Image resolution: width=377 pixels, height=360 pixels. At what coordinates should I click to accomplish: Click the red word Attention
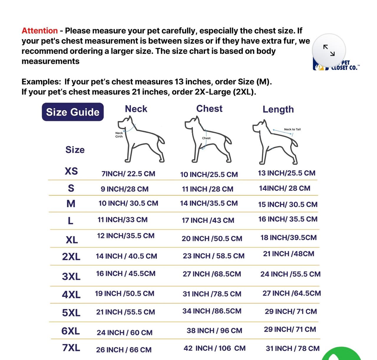tap(39, 31)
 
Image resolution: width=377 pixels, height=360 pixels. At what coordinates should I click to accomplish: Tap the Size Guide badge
tap(73, 112)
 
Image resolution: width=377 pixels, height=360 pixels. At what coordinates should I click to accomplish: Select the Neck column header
tap(136, 109)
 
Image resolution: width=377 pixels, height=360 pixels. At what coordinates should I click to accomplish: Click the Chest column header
tap(209, 109)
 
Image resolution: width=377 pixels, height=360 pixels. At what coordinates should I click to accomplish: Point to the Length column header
tap(278, 109)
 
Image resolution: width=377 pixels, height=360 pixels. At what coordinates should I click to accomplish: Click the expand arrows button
tap(329, 50)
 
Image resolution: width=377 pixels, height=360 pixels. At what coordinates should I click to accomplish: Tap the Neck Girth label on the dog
tap(119, 135)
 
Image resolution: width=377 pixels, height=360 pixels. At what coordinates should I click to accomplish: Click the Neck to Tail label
tap(292, 129)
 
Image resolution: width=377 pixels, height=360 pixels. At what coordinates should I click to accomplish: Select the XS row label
tap(71, 171)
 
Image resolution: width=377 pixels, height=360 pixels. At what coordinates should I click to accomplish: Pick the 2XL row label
tap(71, 257)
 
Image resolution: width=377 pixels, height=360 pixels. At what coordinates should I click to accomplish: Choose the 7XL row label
tap(71, 348)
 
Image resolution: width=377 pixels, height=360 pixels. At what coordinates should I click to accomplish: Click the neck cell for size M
tap(128, 203)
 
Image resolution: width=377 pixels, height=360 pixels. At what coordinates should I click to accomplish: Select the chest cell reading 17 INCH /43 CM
tap(208, 220)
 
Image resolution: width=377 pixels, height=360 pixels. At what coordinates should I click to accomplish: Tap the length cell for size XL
tap(288, 237)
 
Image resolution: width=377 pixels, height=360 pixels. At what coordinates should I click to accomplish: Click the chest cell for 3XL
tap(212, 274)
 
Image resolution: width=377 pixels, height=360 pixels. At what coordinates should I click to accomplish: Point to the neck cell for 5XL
tap(125, 312)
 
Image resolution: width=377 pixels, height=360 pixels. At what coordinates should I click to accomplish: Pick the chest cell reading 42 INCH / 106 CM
tap(214, 348)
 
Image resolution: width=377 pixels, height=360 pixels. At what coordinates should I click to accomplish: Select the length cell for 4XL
tap(292, 293)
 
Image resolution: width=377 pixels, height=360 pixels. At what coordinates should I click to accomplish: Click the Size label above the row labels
tap(75, 150)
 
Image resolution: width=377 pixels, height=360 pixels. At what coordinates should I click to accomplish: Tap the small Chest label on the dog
tap(206, 138)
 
